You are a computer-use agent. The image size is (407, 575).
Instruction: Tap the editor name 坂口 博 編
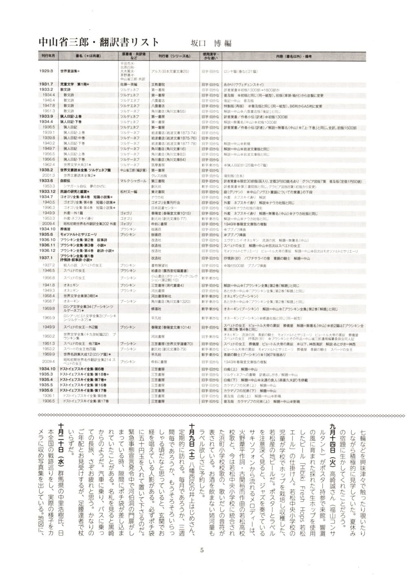(x=211, y=43)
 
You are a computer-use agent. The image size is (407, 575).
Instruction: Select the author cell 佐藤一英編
(x=129, y=84)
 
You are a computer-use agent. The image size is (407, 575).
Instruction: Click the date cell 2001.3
(x=48, y=174)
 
